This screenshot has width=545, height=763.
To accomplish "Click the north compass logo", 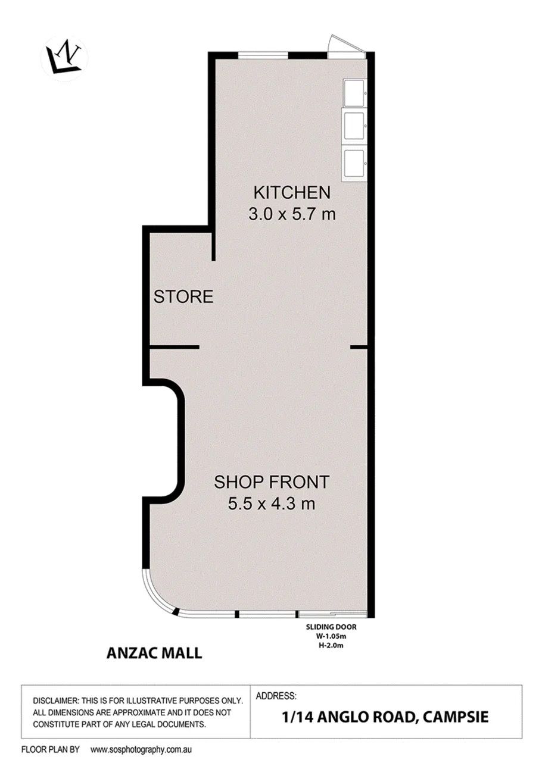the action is (x=64, y=58).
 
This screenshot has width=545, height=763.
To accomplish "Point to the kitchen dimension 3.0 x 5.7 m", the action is (x=292, y=214).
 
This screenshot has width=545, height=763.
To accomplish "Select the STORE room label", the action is (x=183, y=296).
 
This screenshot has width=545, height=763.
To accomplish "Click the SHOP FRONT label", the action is (x=271, y=482).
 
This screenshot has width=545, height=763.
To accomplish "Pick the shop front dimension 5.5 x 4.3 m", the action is (x=271, y=504).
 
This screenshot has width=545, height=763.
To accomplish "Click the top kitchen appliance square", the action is (x=355, y=93).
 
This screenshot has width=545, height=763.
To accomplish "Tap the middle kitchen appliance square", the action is (x=355, y=126).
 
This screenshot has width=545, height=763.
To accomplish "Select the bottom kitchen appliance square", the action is (x=355, y=164).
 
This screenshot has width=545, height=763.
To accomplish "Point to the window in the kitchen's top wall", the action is (x=263, y=55).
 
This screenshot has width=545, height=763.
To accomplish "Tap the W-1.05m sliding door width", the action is (x=331, y=636).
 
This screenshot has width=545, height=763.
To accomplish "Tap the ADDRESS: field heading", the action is (x=276, y=696).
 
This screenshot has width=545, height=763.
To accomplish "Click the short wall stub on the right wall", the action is (x=359, y=348).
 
